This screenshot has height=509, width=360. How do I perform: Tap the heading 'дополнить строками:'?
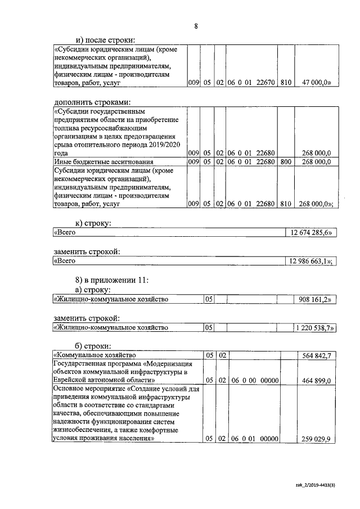pos(92,102)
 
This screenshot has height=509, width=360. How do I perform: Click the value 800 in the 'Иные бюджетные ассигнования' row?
pos(286,161)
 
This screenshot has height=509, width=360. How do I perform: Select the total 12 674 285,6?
pos(312,232)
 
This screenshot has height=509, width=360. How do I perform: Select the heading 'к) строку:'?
pos(93,223)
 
